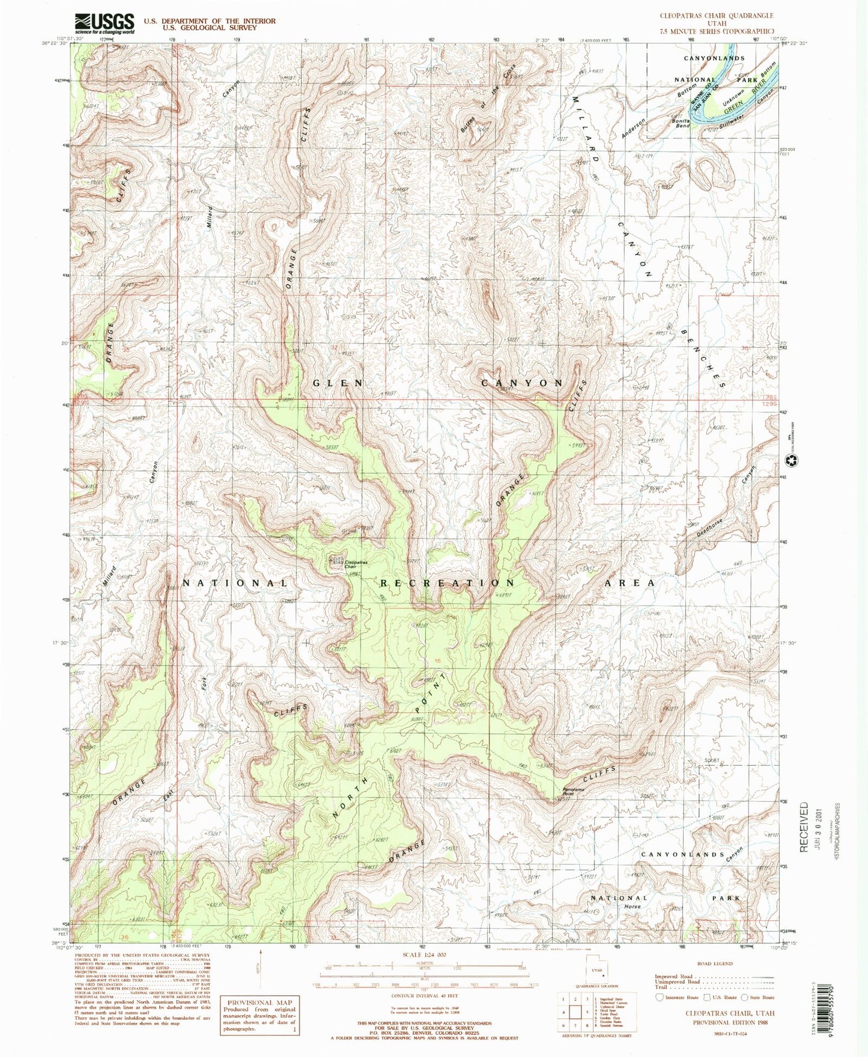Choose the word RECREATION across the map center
pos(447,583)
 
